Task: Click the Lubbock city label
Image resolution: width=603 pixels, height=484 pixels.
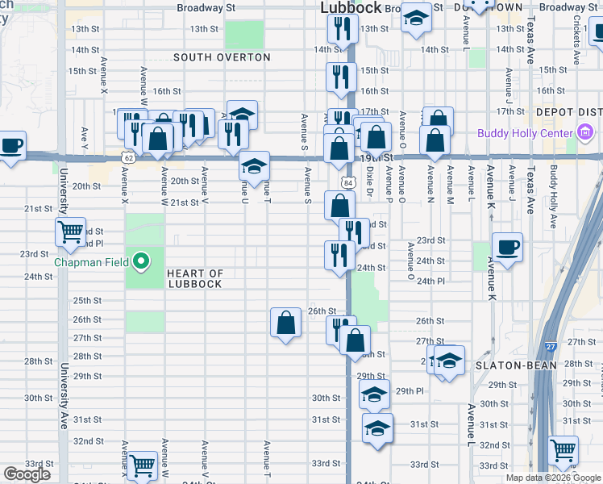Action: tap(351, 7)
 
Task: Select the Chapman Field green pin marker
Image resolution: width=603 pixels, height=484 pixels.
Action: tap(141, 261)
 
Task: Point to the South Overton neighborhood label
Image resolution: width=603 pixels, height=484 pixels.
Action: tap(222, 57)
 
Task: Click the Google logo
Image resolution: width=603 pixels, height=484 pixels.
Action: tap(27, 474)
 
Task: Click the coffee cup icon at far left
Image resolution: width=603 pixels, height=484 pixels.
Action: tap(10, 146)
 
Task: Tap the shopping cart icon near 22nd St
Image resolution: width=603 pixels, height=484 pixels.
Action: tap(71, 232)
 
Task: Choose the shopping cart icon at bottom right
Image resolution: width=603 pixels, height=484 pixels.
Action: tap(563, 449)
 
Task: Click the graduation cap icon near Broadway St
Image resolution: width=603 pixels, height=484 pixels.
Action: tap(417, 19)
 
